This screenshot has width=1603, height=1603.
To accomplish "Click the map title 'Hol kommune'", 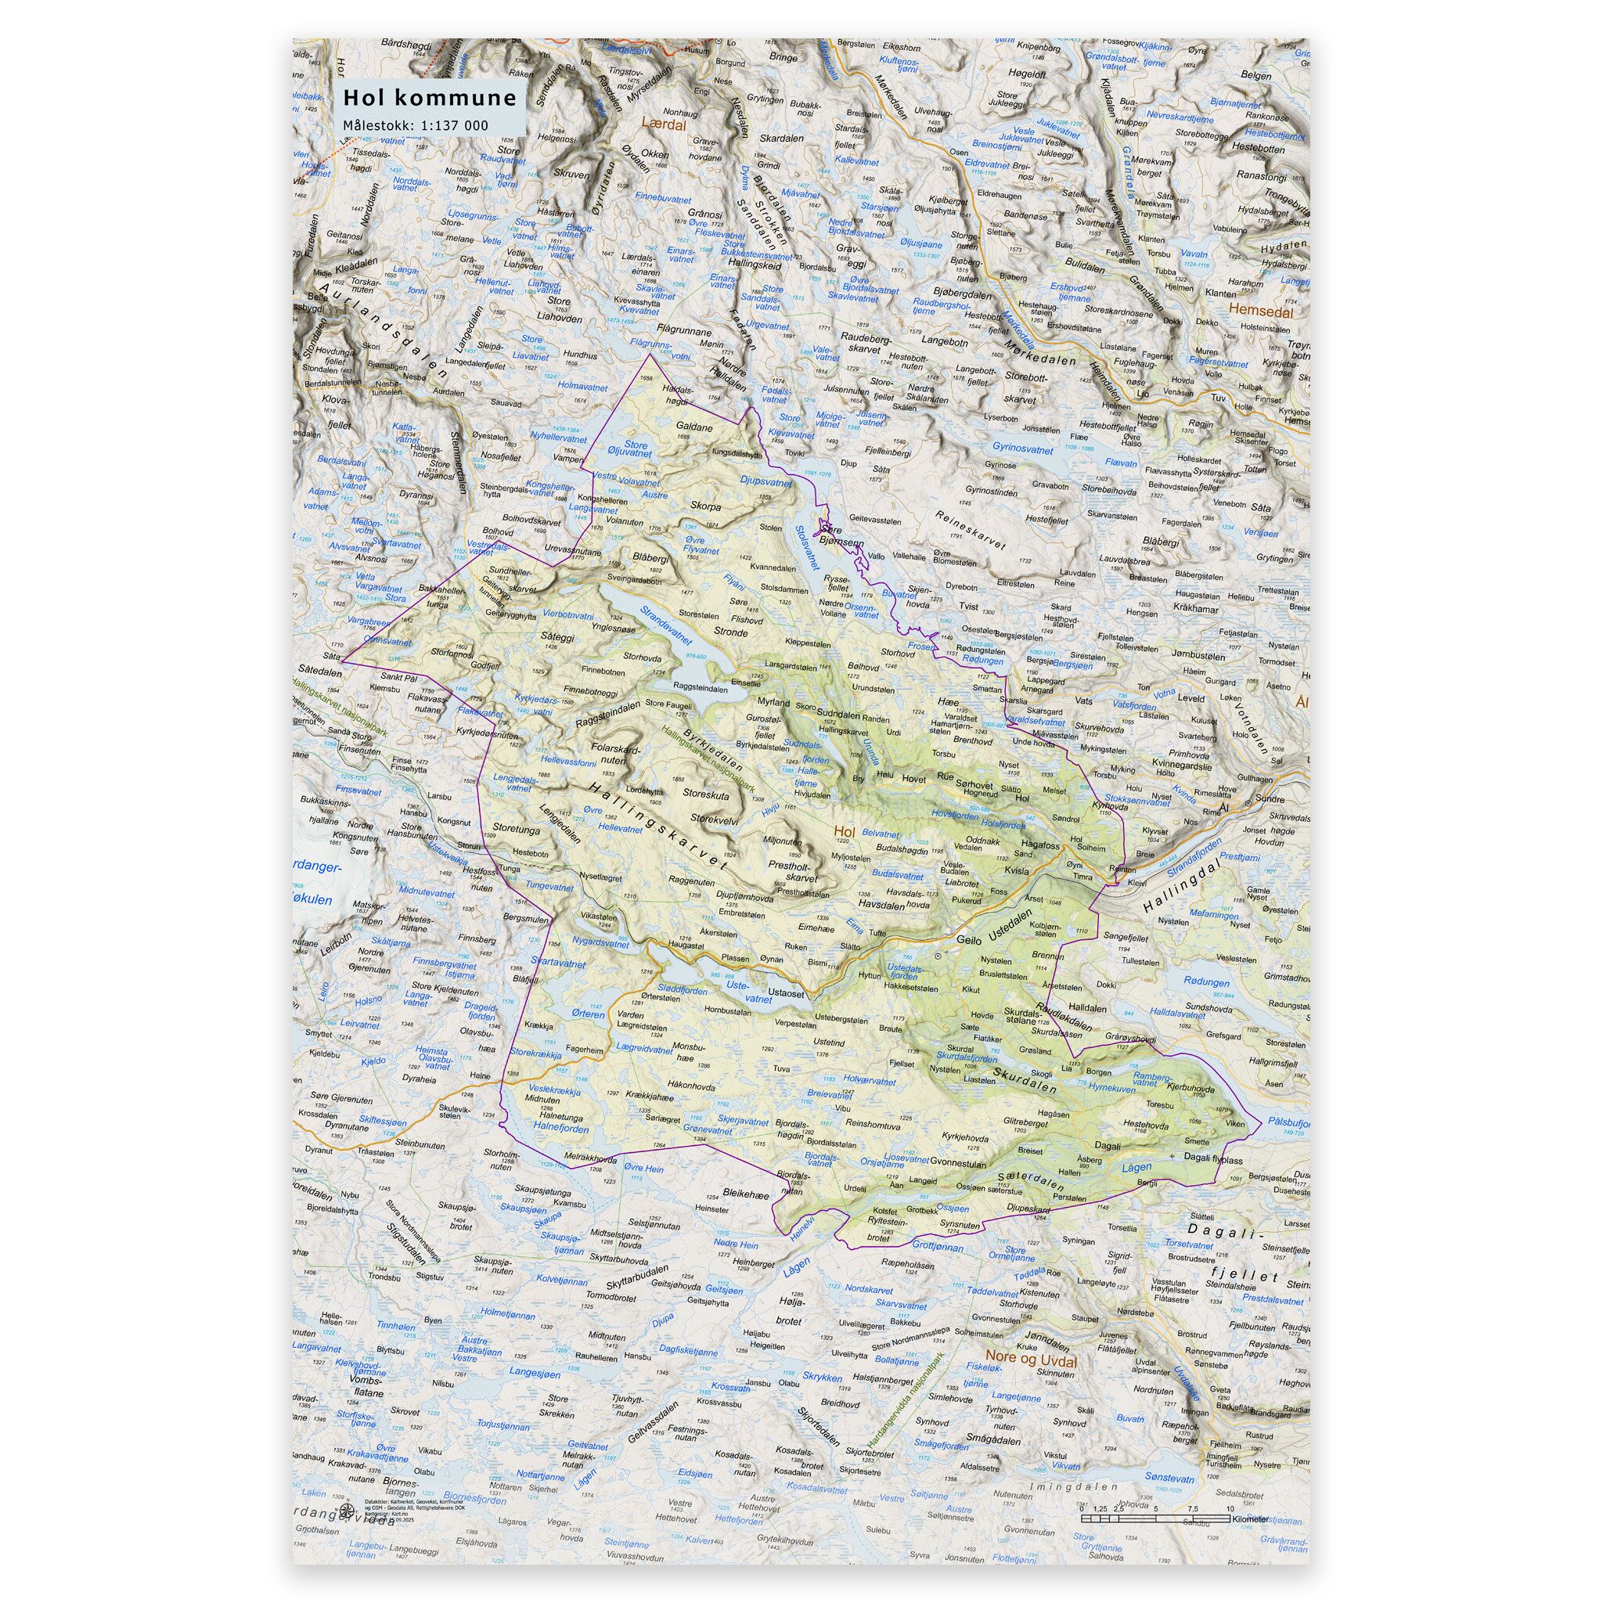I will (430, 99).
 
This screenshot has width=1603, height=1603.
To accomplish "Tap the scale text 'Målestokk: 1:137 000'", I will (416, 126).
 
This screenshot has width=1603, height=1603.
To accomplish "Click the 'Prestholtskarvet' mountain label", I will (808, 870).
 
